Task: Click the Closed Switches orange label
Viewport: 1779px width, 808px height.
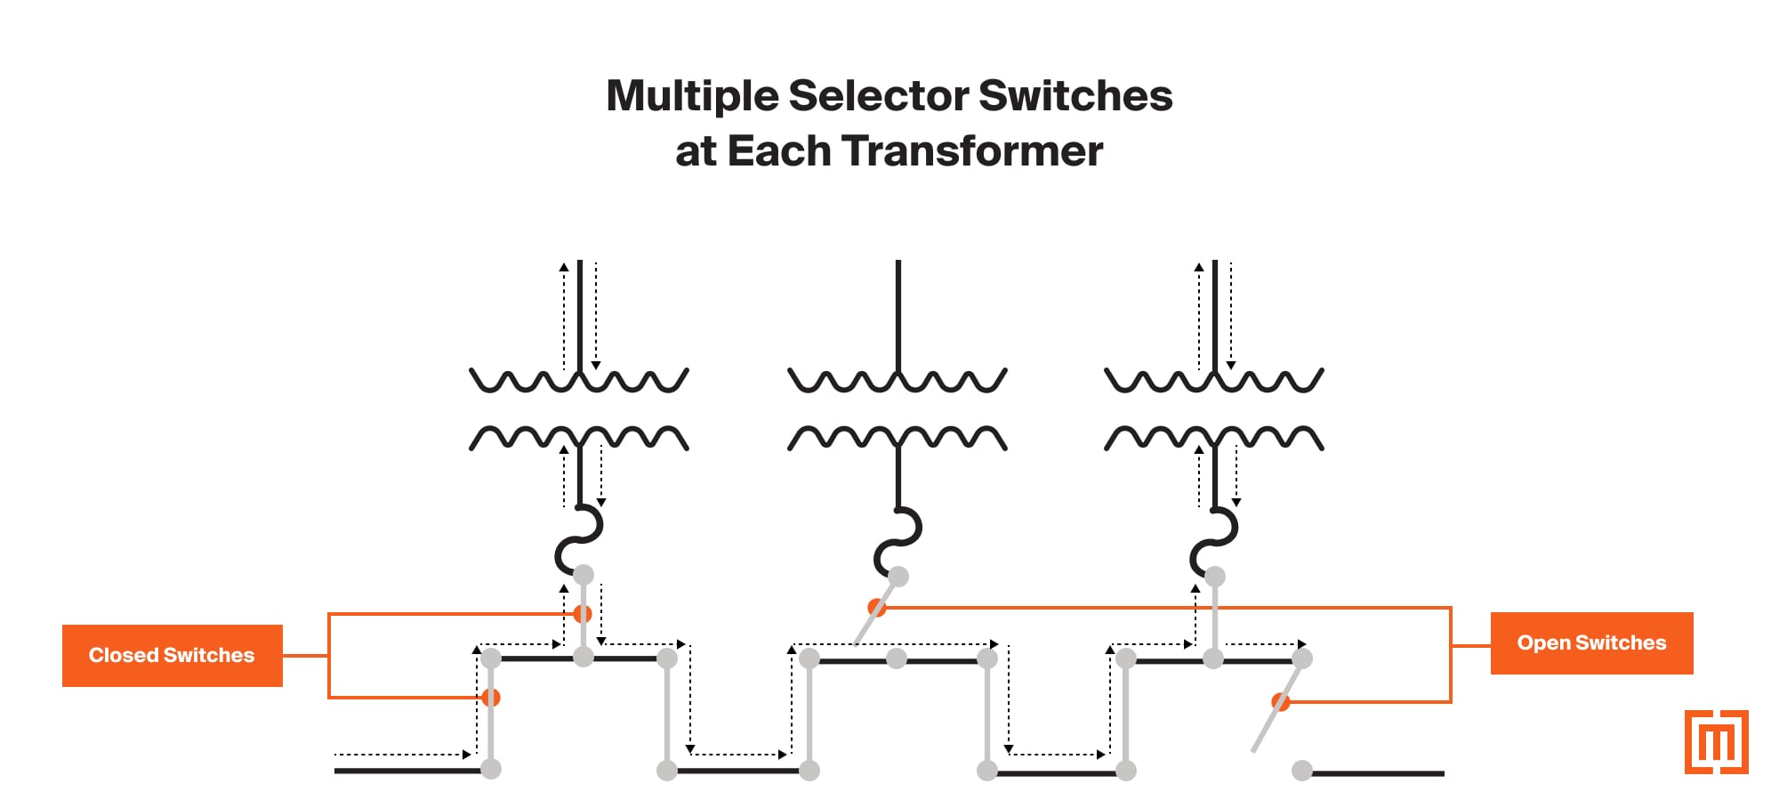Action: [172, 656]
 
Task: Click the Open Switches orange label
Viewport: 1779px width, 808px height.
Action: [1591, 643]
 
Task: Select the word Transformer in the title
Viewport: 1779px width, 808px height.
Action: [972, 151]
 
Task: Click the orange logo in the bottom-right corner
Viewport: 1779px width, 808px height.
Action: [1716, 742]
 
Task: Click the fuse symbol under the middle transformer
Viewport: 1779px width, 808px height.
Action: [898, 540]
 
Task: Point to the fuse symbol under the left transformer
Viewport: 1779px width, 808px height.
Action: [579, 539]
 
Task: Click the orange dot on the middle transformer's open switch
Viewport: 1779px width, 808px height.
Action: [877, 608]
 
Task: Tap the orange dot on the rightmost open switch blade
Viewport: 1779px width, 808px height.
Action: [1281, 702]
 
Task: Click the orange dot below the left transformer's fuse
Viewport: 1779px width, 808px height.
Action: [583, 614]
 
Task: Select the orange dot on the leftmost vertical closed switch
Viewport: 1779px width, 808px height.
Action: [491, 698]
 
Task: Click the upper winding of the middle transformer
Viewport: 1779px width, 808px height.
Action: [898, 381]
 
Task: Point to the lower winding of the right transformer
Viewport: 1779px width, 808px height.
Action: [1214, 438]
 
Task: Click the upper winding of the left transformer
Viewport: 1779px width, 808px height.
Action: [579, 381]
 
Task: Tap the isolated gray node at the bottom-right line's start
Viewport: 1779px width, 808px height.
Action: [1302, 771]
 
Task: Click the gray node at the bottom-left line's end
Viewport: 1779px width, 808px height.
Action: [491, 769]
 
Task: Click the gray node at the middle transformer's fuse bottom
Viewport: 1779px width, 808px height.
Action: [898, 577]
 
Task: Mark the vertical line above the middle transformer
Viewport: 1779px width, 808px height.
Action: [898, 311]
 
